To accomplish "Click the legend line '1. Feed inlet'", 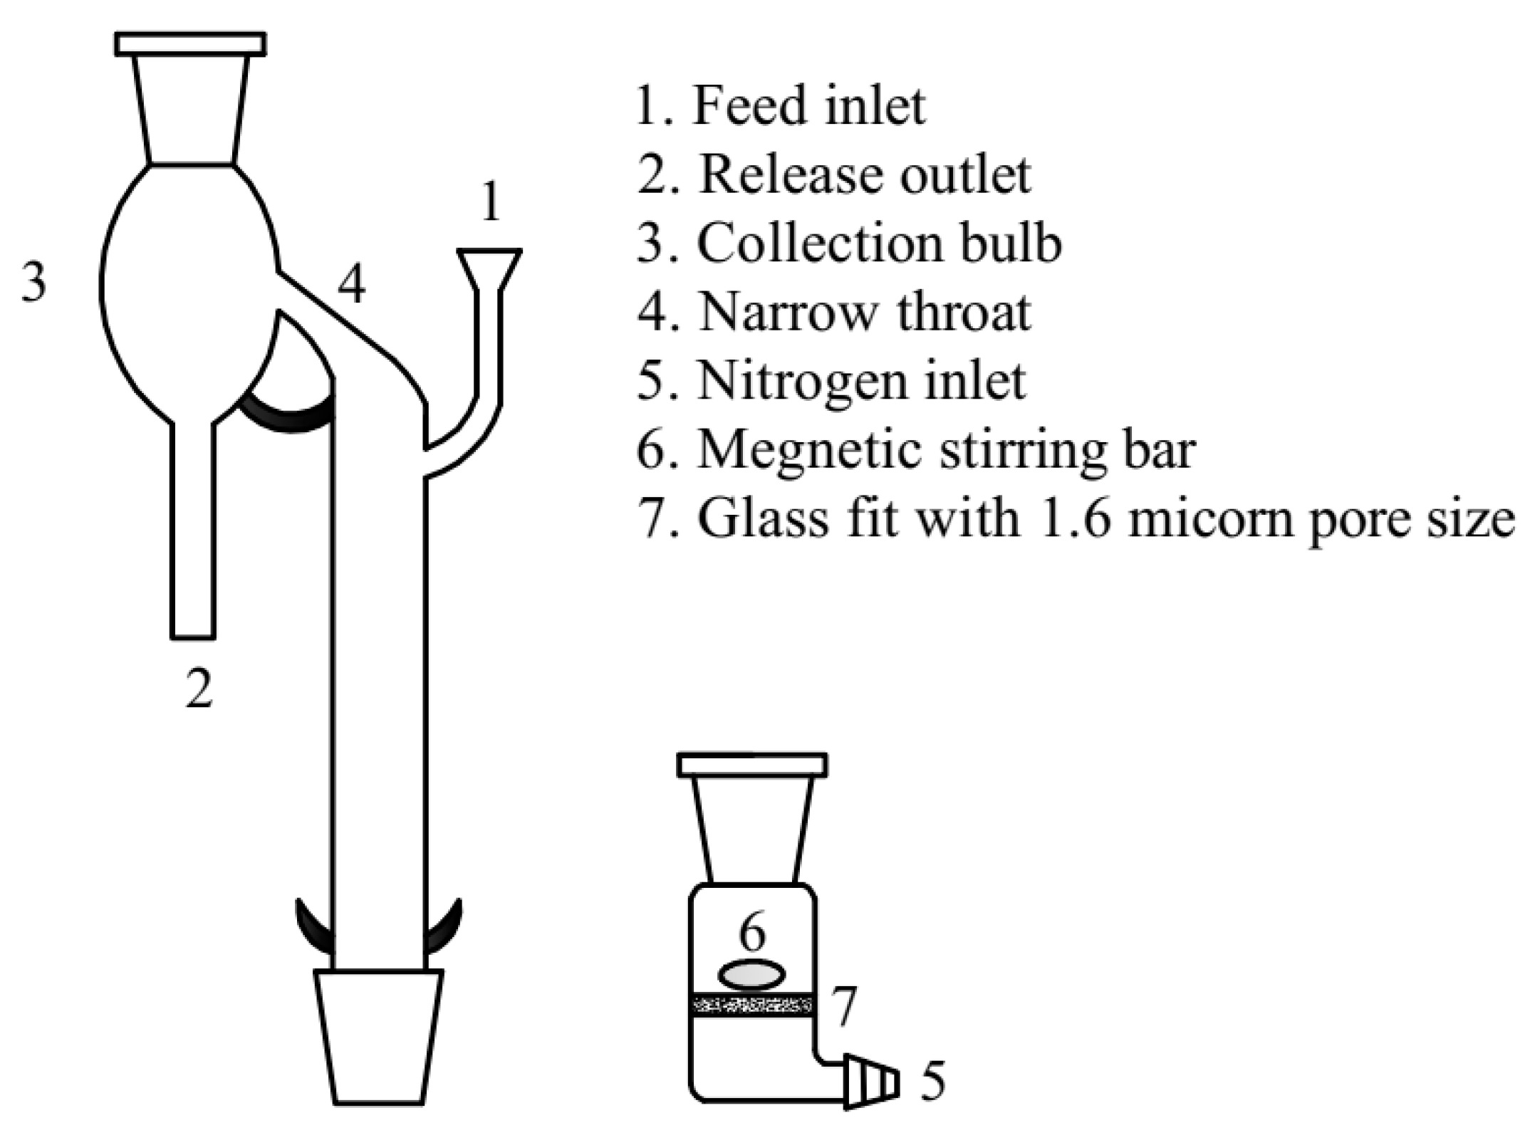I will [x=780, y=106].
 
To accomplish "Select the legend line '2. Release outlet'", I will [x=833, y=174].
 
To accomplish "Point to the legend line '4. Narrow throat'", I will [x=833, y=311].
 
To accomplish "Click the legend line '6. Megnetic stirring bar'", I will [x=915, y=449].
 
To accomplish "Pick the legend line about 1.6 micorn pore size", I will [x=1076, y=518].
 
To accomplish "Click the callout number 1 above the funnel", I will [x=490, y=202].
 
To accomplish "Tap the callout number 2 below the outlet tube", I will [x=199, y=689].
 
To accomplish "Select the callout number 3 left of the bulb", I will [x=33, y=282].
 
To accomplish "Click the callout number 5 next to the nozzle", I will [x=932, y=1081].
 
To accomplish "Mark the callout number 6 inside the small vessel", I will [x=752, y=933].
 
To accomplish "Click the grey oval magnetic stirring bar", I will [x=751, y=975].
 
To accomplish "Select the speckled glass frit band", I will [x=752, y=1005].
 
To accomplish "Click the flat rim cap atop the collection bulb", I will [x=190, y=44].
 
